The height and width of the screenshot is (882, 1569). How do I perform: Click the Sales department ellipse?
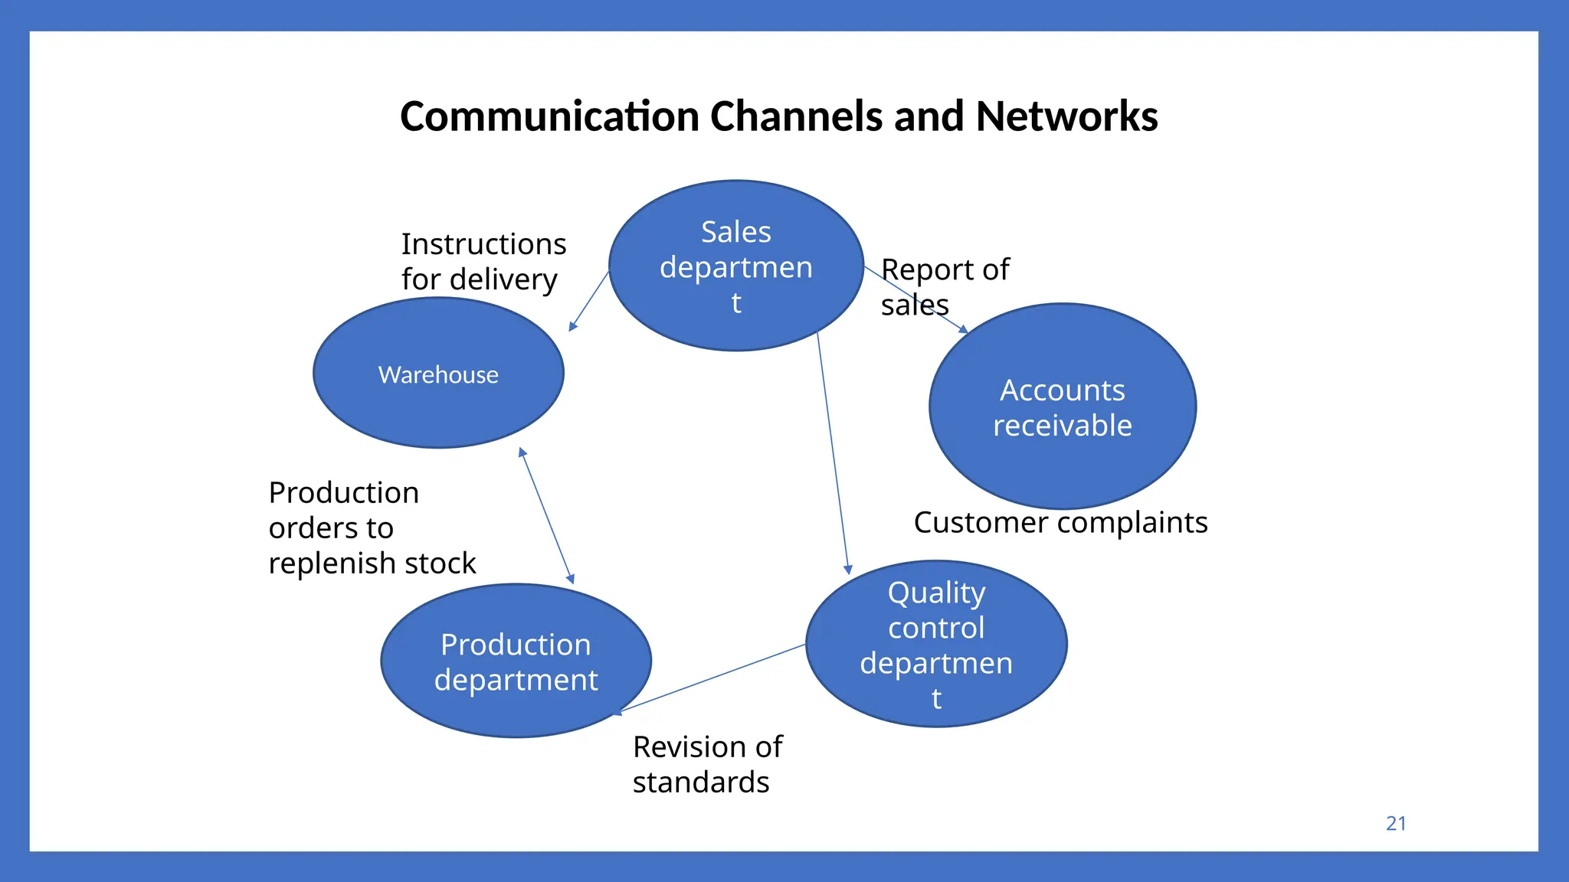pyautogui.click(x=735, y=266)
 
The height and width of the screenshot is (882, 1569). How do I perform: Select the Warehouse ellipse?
pyautogui.click(x=438, y=374)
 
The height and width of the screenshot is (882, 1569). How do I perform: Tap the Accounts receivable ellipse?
pyautogui.click(x=1062, y=407)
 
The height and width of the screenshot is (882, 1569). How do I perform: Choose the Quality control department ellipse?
pyautogui.click(x=936, y=644)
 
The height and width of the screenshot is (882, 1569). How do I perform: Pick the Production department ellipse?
pyautogui.click(x=516, y=661)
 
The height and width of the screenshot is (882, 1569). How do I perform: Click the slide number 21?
pyautogui.click(x=1396, y=824)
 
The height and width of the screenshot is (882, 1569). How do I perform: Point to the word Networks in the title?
pyautogui.click(x=1066, y=116)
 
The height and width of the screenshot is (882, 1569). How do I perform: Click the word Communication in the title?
pyautogui.click(x=549, y=116)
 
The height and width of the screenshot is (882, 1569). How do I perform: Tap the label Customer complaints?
pyautogui.click(x=1060, y=523)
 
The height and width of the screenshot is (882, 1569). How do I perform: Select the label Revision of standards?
pyautogui.click(x=706, y=764)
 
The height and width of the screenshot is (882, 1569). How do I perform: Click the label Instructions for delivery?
pyautogui.click(x=483, y=262)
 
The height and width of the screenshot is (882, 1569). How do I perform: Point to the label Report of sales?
pyautogui.click(x=944, y=286)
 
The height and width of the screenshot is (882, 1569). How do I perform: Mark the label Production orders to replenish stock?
pyautogui.click(x=372, y=528)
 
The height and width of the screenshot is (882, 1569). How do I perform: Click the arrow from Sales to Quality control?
pyautogui.click(x=832, y=452)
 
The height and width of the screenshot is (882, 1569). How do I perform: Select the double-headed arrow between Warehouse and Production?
pyautogui.click(x=546, y=515)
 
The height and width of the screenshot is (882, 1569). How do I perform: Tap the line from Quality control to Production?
pyautogui.click(x=712, y=678)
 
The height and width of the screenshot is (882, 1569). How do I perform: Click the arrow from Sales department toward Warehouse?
pyautogui.click(x=589, y=301)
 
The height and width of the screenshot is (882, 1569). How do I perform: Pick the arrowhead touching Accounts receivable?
pyautogui.click(x=964, y=329)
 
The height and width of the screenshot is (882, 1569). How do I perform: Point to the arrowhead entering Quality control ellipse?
pyautogui.click(x=847, y=569)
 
